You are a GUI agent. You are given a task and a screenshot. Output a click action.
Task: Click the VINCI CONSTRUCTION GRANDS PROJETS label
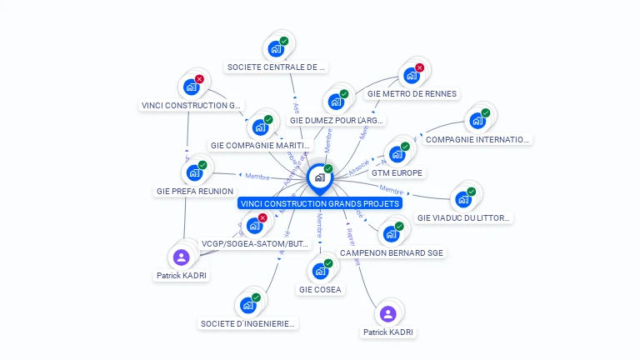click(320, 202)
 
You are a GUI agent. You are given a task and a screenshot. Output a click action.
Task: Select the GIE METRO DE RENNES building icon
click(411, 76)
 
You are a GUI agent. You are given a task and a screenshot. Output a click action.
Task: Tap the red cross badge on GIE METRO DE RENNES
click(419, 67)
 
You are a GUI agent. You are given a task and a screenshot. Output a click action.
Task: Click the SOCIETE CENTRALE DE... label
click(276, 67)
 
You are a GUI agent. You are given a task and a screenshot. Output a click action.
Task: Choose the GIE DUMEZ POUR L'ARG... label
click(337, 120)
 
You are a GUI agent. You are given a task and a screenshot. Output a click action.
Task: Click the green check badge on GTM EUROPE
click(405, 147)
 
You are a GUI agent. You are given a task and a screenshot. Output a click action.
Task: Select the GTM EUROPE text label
click(397, 172)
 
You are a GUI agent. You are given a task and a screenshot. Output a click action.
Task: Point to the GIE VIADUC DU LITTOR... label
click(463, 217)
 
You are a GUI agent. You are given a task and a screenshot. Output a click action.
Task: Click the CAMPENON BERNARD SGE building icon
click(391, 234)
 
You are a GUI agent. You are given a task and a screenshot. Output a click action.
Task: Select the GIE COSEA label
click(320, 289)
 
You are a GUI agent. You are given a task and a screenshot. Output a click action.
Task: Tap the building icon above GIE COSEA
click(320, 271)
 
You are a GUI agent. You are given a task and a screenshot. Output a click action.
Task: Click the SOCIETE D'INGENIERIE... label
click(248, 323)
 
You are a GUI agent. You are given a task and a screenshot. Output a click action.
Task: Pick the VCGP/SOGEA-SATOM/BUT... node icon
click(254, 226)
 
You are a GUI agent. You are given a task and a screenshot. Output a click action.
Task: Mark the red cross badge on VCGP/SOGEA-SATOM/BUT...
click(262, 218)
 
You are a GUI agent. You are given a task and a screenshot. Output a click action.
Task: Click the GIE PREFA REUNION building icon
click(194, 172)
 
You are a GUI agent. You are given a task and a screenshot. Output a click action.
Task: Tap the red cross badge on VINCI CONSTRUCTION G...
click(199, 78)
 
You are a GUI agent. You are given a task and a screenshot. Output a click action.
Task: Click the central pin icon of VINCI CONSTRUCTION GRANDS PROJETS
click(319, 177)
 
